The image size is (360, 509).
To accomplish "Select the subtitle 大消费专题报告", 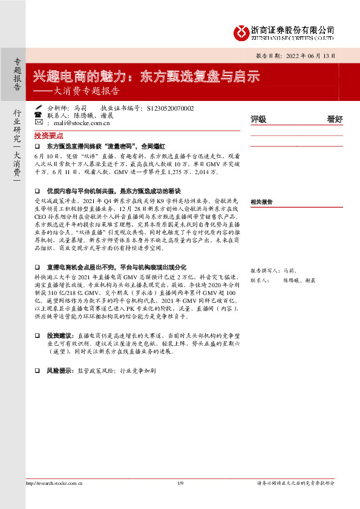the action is (83, 92).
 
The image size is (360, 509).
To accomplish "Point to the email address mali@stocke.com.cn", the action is (82, 123).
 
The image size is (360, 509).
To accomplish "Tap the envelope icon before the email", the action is (38, 123).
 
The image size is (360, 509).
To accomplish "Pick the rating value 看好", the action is (335, 119).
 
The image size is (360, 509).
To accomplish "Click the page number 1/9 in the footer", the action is (180, 483).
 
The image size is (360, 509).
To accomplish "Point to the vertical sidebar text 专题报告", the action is (17, 75).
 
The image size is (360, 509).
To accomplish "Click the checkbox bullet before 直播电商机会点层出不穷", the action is (38, 267).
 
